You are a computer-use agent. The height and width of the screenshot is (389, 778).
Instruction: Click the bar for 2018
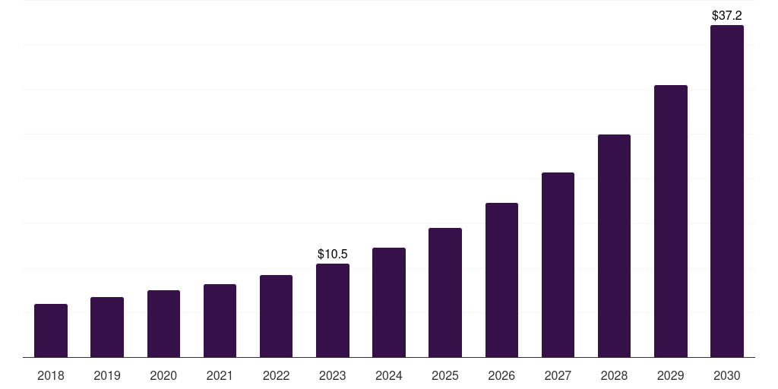click(x=51, y=330)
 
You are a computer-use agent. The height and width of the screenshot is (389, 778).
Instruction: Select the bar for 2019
click(x=107, y=327)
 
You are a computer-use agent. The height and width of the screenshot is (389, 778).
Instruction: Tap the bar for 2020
click(x=163, y=324)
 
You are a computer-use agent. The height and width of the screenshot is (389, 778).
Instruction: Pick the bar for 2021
click(x=220, y=321)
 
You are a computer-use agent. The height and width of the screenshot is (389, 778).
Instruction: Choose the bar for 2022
click(x=276, y=316)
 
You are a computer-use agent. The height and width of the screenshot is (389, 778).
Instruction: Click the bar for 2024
click(x=389, y=302)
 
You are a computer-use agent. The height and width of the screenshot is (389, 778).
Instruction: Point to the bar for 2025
click(x=445, y=293)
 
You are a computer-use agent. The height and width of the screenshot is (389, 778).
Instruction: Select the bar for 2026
click(x=501, y=280)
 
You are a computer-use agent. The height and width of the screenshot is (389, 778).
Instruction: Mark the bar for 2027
click(x=558, y=264)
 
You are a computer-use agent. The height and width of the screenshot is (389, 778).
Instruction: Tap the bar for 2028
click(x=614, y=245)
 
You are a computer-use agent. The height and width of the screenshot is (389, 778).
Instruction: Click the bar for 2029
click(x=671, y=221)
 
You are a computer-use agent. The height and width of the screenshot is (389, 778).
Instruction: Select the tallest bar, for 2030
click(x=727, y=191)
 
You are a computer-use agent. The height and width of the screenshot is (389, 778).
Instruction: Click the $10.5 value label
click(x=333, y=254)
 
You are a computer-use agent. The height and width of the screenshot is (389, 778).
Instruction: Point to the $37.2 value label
click(x=727, y=15)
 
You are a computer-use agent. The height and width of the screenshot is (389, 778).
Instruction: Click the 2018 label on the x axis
click(x=51, y=375)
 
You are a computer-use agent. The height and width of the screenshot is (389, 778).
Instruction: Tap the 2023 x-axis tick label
click(x=333, y=375)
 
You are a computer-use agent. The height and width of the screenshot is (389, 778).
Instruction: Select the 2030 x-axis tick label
click(x=727, y=375)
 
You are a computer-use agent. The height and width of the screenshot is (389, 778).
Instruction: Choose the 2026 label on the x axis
click(x=501, y=375)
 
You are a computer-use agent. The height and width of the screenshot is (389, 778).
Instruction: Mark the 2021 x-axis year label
click(x=220, y=375)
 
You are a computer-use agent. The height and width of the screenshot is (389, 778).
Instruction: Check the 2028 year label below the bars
click(x=614, y=375)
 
